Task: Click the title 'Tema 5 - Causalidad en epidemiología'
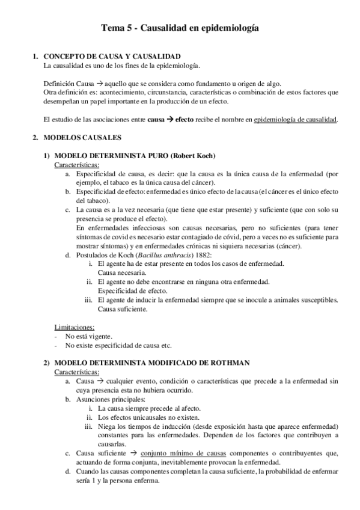pos(180,28)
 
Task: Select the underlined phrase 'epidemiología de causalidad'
pos(296,119)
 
